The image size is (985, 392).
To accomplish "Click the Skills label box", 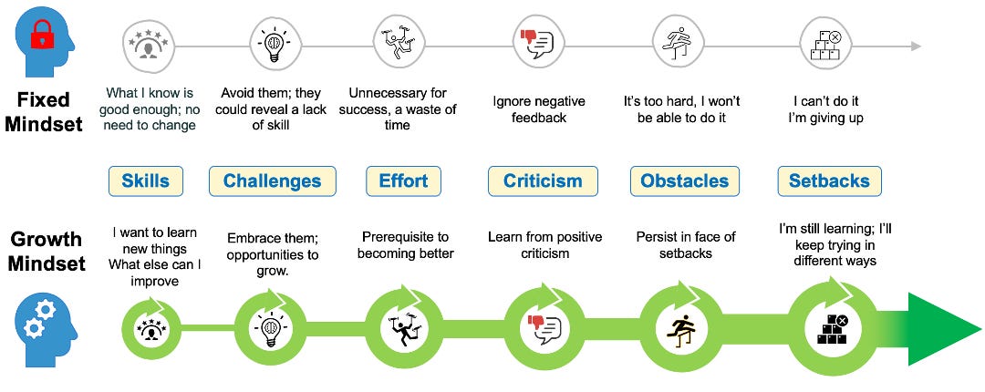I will click(146, 181).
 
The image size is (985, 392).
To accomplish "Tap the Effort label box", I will click(403, 181).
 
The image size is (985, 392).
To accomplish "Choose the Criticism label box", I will click(543, 181).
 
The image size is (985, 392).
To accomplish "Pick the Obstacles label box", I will click(685, 181).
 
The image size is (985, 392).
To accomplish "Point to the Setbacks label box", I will click(830, 181).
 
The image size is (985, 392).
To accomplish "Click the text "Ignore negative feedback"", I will click(538, 109).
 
